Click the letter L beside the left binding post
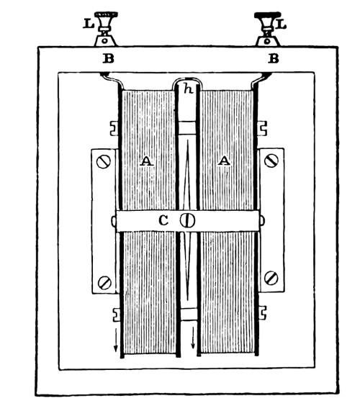(89, 24)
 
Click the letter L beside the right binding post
(282, 24)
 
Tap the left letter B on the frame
(108, 58)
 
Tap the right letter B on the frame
(273, 58)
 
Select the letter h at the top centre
(189, 89)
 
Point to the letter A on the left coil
(147, 161)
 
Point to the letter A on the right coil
(224, 161)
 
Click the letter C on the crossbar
(163, 221)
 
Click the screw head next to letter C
(187, 220)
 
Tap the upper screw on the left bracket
(103, 162)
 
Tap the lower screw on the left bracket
(104, 283)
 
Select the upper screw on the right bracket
(271, 161)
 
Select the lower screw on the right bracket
(271, 278)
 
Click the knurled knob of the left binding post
(106, 18)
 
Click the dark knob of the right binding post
(268, 18)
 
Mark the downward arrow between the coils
(193, 338)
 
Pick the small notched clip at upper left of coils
(114, 128)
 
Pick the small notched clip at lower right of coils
(263, 312)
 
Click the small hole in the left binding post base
(104, 41)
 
